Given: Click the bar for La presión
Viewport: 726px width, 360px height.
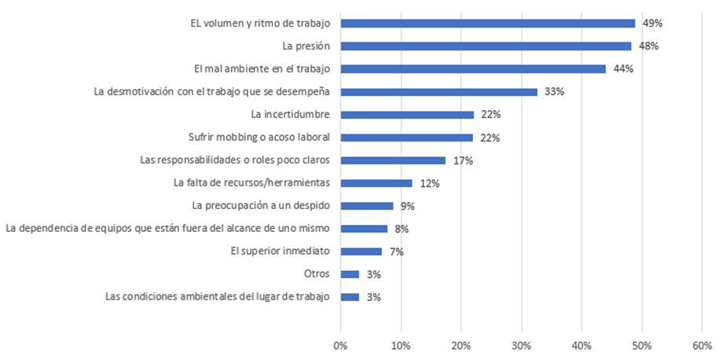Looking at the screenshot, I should [486, 46].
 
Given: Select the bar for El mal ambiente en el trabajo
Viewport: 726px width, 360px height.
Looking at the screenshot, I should [473, 68].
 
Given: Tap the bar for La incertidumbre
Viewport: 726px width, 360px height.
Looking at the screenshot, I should [407, 115].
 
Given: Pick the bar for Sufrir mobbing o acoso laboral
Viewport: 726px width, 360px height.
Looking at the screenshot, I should [406, 138].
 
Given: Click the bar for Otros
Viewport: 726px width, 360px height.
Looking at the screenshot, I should [350, 274].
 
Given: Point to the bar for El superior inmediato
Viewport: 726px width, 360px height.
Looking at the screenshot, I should [361, 252].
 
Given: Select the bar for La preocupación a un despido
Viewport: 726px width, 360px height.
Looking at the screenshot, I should [367, 206].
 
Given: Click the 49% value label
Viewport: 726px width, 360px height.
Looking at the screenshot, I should [652, 24].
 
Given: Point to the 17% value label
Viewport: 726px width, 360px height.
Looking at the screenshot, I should [463, 160].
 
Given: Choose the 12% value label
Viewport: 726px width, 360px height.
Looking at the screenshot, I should [429, 183].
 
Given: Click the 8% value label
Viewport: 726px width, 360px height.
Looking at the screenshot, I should [402, 229].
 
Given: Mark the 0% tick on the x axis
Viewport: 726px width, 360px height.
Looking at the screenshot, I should [340, 345].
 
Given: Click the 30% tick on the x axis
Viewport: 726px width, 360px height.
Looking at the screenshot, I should [521, 345].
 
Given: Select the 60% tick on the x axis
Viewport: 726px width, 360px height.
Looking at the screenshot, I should [702, 345].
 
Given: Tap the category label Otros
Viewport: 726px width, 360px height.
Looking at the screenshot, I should [317, 274].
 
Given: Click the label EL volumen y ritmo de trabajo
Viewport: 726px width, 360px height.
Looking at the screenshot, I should [259, 23].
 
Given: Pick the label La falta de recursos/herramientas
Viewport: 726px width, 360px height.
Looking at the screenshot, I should [251, 183].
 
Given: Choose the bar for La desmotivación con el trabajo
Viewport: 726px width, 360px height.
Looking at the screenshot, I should [438, 92].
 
